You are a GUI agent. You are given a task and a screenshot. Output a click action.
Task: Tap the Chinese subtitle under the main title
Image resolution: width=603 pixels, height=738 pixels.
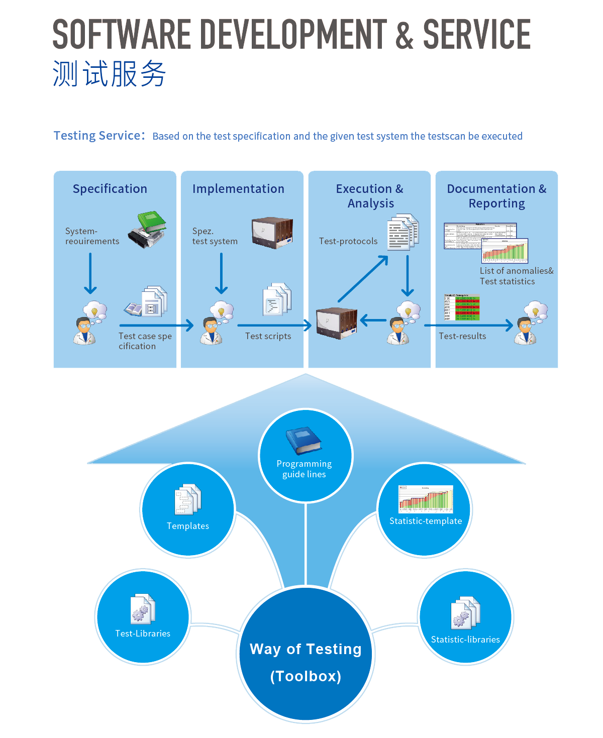point(109,74)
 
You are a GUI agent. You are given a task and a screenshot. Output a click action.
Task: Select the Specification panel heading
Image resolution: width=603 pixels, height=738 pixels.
point(110,189)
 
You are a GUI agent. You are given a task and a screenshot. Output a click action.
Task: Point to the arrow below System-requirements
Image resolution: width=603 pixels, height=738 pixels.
point(90,273)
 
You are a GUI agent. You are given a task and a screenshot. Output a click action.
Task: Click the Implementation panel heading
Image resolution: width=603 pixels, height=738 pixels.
point(238,189)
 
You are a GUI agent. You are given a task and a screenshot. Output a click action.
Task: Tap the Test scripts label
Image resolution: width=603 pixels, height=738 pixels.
point(268,336)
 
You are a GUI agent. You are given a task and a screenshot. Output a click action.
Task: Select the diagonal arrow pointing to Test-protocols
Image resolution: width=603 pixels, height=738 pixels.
point(363,279)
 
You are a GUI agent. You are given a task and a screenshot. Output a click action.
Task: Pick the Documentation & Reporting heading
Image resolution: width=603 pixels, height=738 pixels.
point(496,196)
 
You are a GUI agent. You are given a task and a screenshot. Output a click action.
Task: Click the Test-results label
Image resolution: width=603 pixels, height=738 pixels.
point(462,336)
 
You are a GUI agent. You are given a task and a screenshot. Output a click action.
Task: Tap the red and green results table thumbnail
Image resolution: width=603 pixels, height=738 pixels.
point(462,307)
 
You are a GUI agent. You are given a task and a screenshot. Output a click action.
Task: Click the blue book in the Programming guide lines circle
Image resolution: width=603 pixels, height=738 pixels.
point(304,441)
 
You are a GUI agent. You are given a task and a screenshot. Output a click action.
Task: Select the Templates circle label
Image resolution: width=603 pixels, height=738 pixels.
point(188,526)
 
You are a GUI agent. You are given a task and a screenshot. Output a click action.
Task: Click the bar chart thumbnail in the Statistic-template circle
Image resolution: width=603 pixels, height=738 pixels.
point(426,499)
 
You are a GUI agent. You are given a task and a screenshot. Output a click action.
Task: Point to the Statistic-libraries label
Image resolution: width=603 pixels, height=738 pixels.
point(465,640)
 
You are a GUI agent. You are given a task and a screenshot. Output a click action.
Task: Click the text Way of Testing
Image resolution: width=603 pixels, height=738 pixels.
point(306,649)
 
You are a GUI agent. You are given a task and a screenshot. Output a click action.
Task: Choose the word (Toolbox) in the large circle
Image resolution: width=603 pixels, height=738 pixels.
point(306,676)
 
